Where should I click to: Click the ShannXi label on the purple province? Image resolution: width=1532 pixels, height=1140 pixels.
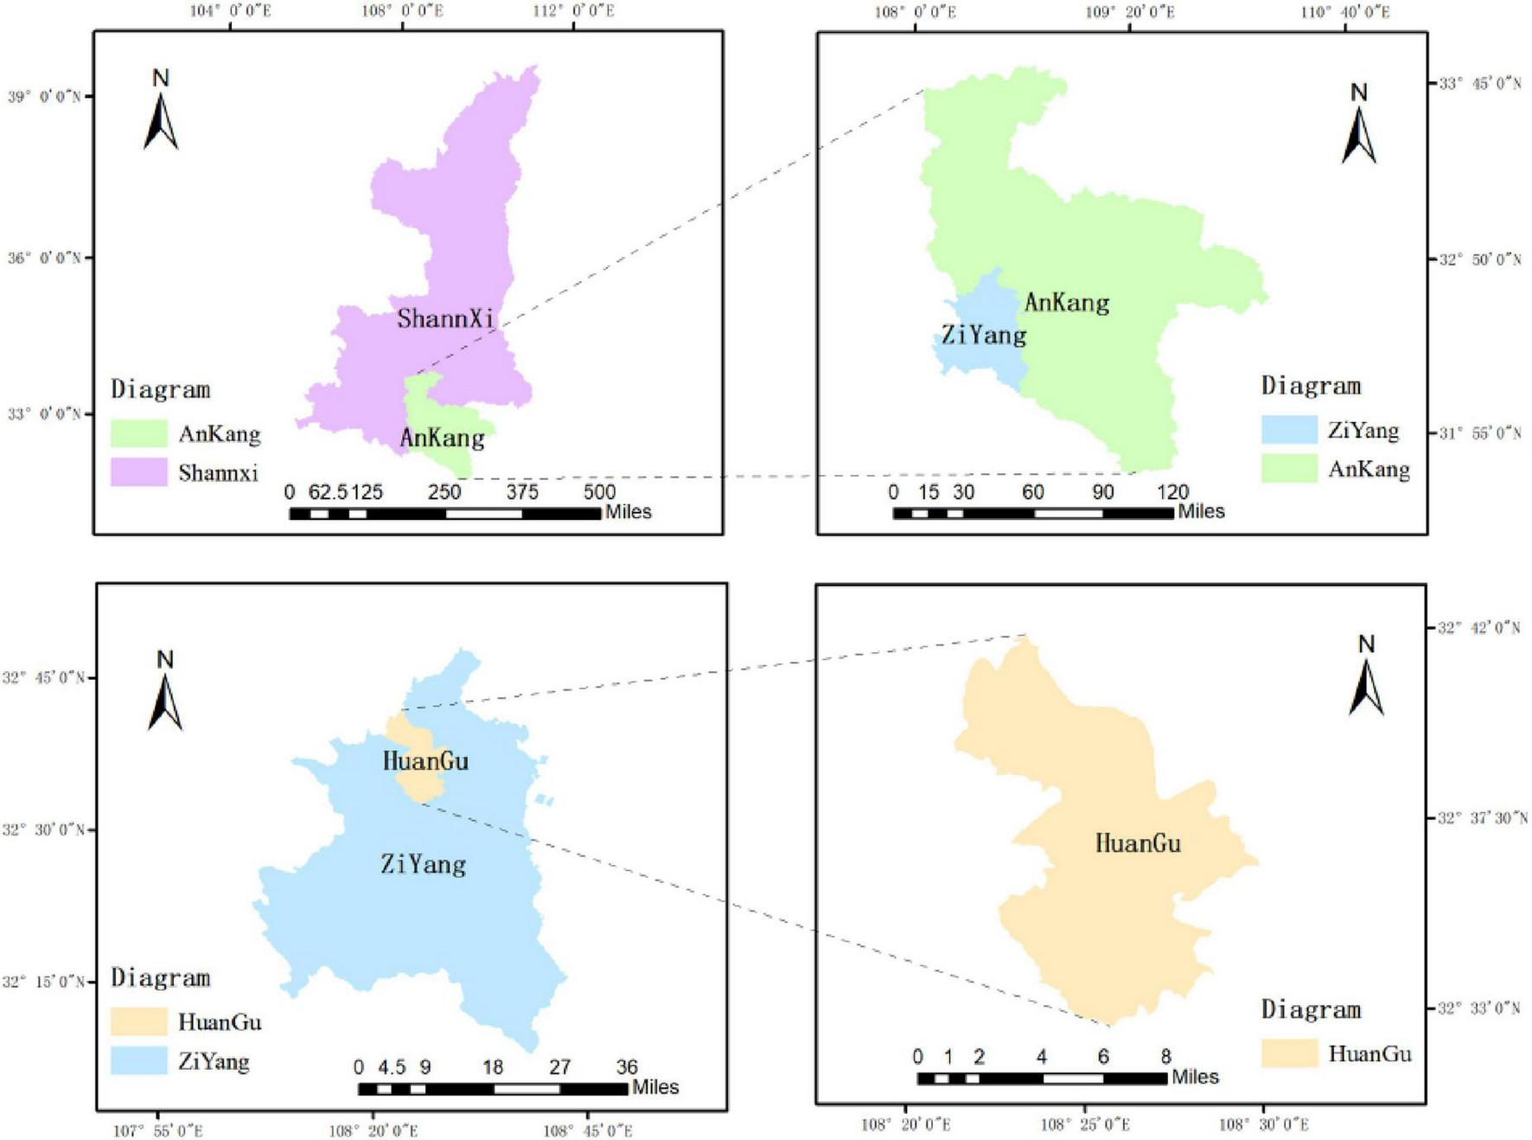445,318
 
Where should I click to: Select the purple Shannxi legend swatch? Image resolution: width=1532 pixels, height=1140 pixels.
138,472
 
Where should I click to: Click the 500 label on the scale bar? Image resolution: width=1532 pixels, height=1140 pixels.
599,492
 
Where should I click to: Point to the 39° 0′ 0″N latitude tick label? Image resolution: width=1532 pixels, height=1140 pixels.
44,97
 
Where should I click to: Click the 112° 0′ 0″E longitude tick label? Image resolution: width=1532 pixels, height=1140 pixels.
573,11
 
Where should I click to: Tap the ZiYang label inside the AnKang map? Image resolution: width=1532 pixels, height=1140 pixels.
983,335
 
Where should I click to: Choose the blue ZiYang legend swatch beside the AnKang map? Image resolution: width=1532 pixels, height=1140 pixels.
1289,430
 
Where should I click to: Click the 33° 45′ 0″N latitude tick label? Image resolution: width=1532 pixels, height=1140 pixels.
1479,84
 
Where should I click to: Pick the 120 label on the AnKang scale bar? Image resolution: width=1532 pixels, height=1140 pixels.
1172,492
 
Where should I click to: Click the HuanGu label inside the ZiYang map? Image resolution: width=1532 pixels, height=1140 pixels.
425,761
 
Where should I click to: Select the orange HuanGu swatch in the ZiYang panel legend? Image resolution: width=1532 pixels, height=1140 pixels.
138,1022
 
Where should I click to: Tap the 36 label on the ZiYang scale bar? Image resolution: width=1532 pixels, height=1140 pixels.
627,1067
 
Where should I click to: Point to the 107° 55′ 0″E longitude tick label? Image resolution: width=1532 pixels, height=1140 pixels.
158,1130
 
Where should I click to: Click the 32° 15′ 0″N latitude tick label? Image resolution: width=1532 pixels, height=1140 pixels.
43,982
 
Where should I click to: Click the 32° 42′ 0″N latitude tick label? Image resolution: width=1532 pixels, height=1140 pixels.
1478,628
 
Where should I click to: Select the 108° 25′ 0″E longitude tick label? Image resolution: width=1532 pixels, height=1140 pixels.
1085,1124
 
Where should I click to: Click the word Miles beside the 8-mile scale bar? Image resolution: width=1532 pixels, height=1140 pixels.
1195,1077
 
